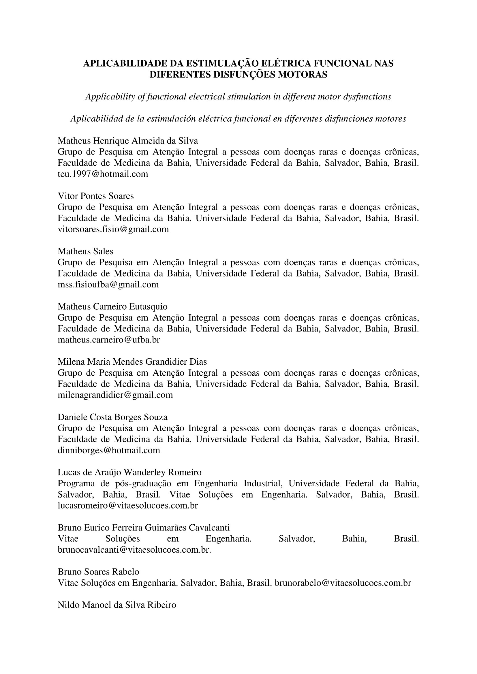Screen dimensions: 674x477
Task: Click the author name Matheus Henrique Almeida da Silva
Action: (128, 141)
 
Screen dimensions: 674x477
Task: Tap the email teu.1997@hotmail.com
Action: (103, 174)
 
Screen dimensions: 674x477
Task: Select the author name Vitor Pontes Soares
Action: (96, 196)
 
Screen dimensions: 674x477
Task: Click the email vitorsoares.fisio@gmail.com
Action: (113, 229)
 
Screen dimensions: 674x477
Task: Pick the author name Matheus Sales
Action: (85, 251)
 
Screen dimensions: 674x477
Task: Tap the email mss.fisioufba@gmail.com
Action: (108, 285)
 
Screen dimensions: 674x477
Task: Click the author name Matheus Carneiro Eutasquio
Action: (112, 307)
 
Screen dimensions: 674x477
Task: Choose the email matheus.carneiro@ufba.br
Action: (109, 340)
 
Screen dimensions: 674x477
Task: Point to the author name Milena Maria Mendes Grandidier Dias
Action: (132, 362)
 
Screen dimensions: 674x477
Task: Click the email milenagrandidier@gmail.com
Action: (115, 395)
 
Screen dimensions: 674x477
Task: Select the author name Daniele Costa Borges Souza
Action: (112, 417)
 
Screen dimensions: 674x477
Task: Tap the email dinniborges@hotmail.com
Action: (109, 450)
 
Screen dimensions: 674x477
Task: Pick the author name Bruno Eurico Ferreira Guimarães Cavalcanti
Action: (144, 528)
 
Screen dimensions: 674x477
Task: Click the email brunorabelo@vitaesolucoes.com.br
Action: (343, 583)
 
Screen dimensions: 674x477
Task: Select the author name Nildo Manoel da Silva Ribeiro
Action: (117, 605)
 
